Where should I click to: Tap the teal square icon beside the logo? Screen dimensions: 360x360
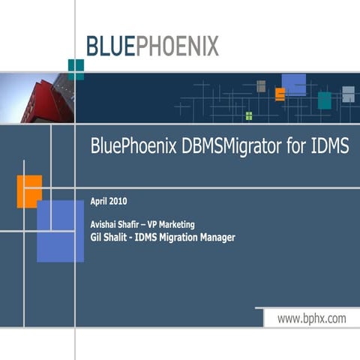pyautogui.click(x=75, y=68)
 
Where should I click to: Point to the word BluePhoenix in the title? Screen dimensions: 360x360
pyautogui.click(x=132, y=146)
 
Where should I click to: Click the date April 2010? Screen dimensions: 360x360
pyautogui.click(x=109, y=201)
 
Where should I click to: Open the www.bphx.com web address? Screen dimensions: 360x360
pyautogui.click(x=312, y=319)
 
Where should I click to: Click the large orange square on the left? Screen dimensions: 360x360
pyautogui.click(x=28, y=190)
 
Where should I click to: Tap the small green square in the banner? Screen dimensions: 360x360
pyautogui.click(x=249, y=115)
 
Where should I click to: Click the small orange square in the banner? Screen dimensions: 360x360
pyautogui.click(x=280, y=94)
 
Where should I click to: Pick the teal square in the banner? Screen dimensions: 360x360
pyautogui.click(x=324, y=100)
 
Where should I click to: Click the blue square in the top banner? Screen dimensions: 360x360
pyautogui.click(x=294, y=85)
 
